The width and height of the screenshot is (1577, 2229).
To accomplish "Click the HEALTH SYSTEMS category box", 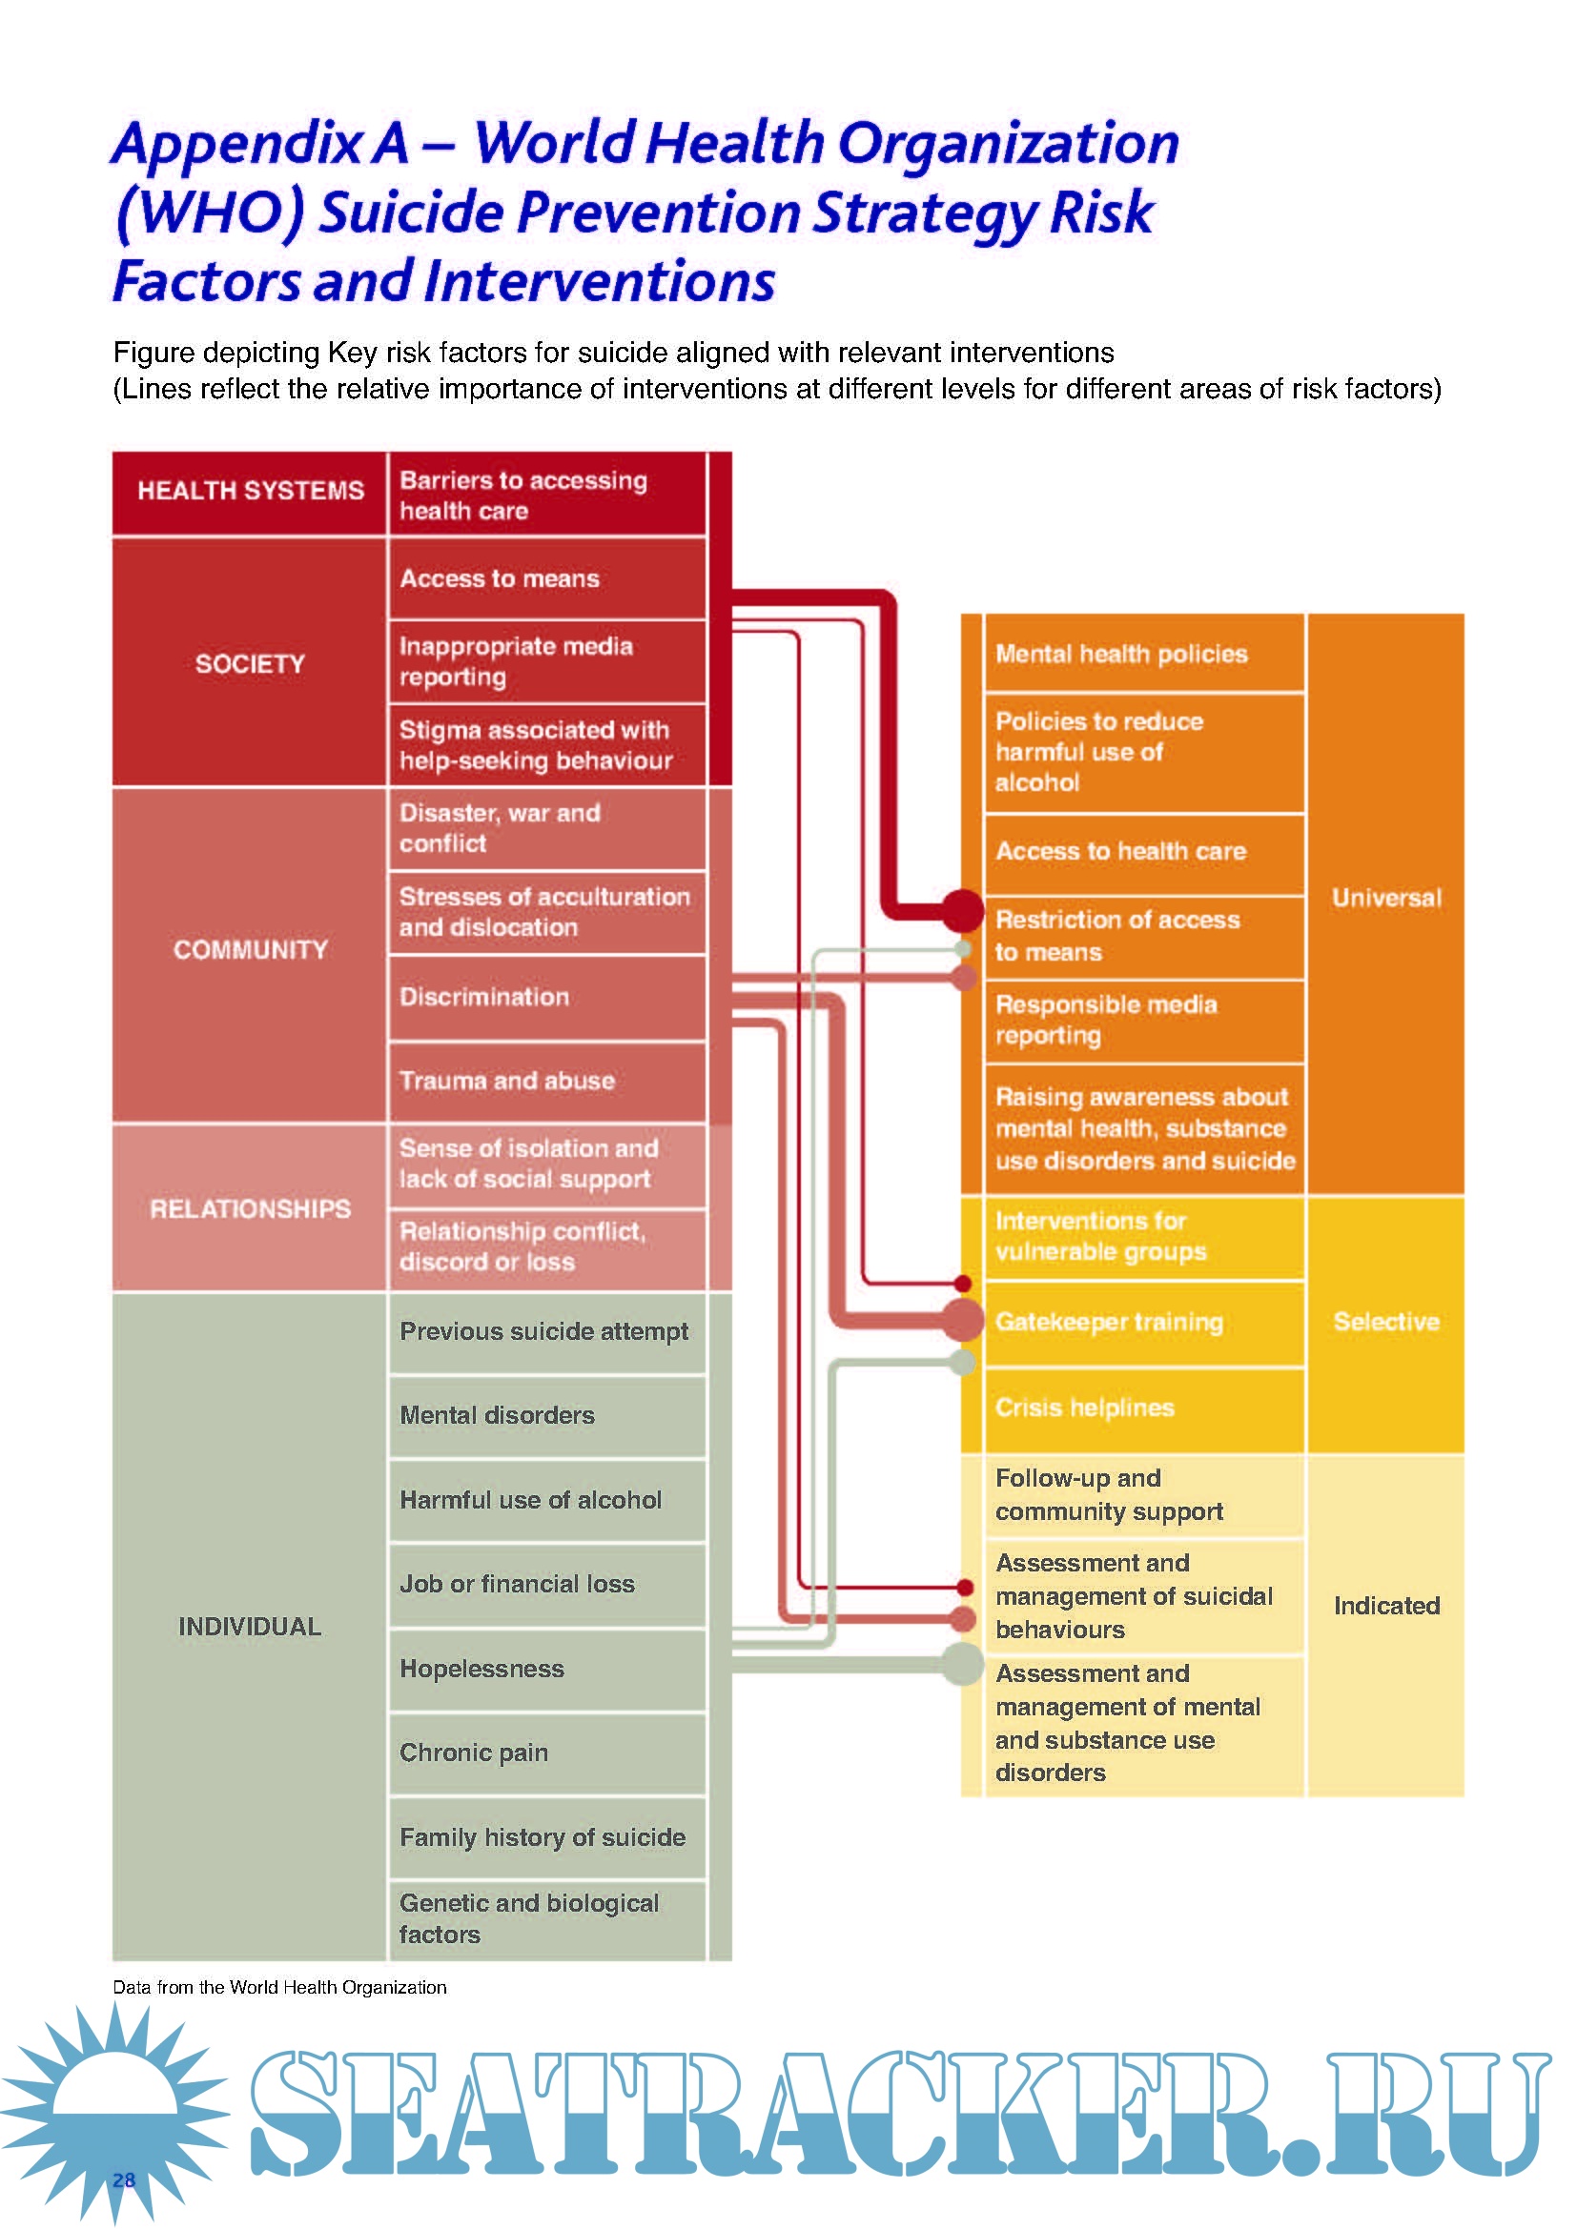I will (x=250, y=491).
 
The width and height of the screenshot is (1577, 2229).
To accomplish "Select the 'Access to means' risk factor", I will (x=545, y=578).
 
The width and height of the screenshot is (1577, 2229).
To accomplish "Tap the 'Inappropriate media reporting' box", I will (x=545, y=661).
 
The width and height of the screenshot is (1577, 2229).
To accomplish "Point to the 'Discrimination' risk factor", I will (x=545, y=997).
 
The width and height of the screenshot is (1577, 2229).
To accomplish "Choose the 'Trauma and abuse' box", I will (x=545, y=1081).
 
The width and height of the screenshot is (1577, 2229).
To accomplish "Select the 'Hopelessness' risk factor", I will (x=545, y=1669).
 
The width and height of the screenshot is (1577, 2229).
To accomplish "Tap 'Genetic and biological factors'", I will (x=545, y=1918).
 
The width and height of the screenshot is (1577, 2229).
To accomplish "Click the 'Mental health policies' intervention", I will (x=1143, y=654).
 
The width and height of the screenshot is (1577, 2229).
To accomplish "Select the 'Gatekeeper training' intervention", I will (x=1143, y=1323).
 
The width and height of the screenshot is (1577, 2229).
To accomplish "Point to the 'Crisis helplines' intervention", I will (x=1143, y=1408).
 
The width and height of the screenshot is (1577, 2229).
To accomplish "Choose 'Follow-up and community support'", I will (x=1143, y=1495).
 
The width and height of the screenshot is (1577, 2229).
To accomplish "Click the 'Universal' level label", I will (x=1385, y=898).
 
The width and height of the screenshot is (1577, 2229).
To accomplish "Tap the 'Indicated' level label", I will (x=1385, y=1606).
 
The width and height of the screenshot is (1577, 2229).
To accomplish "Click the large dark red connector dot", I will (x=962, y=910).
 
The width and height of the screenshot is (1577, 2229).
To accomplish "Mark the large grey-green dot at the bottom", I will (x=962, y=1664).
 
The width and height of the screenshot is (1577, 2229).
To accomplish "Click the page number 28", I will (x=123, y=2179).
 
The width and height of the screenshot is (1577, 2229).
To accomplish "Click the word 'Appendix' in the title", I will (x=238, y=144).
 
